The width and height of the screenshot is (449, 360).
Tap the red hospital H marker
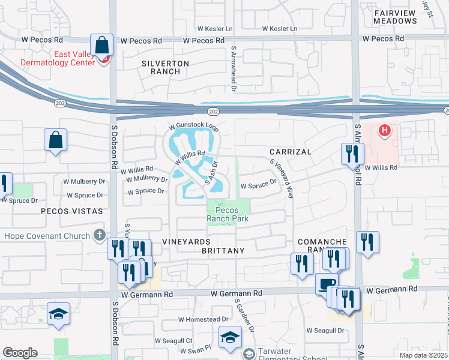(x=384, y=130)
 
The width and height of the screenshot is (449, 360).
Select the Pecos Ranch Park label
(x=227, y=214)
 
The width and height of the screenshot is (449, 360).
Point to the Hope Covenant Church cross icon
(x=100, y=236)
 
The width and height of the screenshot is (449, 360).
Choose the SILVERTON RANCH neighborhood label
(x=165, y=67)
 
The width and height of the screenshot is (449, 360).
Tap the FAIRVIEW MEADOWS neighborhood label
(x=395, y=16)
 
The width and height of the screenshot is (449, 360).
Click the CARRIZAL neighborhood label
(x=290, y=152)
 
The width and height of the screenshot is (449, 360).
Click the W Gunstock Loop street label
(x=194, y=127)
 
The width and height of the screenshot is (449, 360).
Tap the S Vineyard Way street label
(x=281, y=179)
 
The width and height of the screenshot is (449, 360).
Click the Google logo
(x=20, y=352)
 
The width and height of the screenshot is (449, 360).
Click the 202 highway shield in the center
(x=212, y=111)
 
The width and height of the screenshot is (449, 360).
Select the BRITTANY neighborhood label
(x=223, y=250)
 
